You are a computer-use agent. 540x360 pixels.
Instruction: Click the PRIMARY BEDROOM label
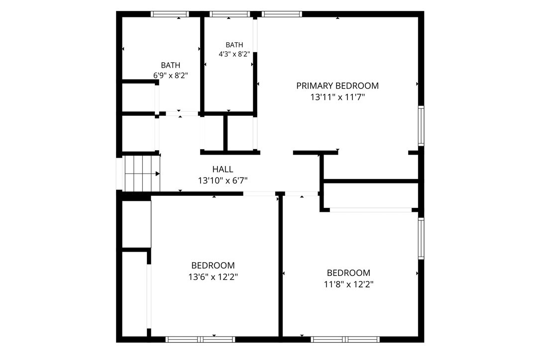coord(337,86)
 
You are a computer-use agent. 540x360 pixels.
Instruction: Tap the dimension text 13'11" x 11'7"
coord(337,97)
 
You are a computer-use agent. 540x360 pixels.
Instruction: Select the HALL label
coord(222,169)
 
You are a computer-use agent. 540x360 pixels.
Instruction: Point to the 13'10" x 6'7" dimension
coord(222,180)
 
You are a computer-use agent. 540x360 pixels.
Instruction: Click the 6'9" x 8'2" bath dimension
coord(171,76)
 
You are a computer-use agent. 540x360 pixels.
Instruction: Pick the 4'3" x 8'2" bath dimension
coord(234,54)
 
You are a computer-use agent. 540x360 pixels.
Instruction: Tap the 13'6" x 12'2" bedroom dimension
coord(213,276)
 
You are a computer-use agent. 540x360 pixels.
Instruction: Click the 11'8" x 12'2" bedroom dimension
coord(348,284)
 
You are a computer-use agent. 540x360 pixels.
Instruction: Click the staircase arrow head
coord(158,174)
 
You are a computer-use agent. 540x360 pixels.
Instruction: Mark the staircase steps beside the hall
coord(141,174)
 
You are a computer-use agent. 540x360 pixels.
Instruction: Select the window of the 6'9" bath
coord(170,14)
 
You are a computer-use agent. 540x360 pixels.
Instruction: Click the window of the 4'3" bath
coord(230,14)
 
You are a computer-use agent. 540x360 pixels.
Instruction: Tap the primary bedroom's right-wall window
coord(421,126)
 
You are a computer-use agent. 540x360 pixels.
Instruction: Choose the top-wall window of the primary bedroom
coord(282,14)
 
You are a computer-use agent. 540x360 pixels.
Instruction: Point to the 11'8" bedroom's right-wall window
coord(421,238)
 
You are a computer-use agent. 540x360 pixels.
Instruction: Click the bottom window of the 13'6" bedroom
coord(201,339)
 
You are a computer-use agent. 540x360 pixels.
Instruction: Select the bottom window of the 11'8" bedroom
coord(345,339)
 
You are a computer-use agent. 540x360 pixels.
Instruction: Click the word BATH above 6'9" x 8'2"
coord(171,65)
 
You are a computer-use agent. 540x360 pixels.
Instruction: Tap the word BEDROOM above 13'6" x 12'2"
coord(213,266)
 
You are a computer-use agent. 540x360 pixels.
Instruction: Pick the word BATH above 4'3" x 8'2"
coord(234,45)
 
